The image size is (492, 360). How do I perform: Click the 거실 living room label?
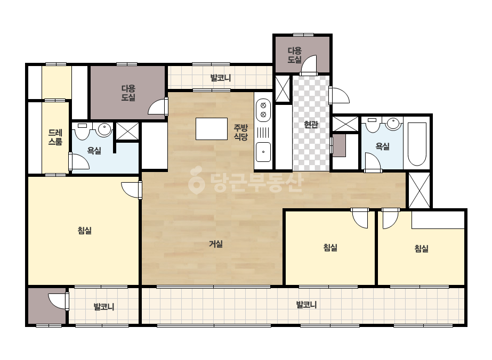216,244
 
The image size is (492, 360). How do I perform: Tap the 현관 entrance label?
311,125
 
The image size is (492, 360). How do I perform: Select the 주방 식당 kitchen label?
241,132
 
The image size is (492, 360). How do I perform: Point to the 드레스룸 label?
55,137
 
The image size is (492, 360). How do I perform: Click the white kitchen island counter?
212,128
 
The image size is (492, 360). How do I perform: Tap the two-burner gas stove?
263,110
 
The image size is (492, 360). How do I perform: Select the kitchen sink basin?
263,152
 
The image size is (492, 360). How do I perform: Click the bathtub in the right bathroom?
417,144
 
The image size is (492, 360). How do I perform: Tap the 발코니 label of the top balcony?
220,77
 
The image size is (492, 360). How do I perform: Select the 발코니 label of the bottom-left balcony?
104,306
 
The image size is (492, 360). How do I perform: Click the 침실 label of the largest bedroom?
84,231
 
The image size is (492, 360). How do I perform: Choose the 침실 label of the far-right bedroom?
422,249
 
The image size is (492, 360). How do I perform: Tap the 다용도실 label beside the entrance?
295,55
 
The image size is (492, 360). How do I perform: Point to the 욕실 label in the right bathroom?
383,146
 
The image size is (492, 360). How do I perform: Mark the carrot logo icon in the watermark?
196,179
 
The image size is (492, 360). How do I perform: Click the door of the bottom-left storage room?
58,301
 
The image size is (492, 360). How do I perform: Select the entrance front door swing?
339,95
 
